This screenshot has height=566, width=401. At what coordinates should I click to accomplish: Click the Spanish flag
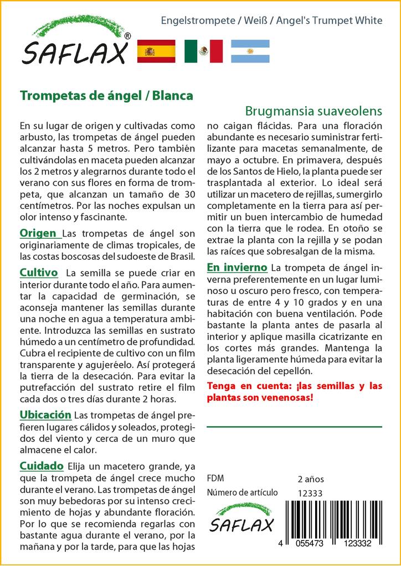coord(156,51)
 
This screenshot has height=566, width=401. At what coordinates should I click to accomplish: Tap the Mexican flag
coord(203,51)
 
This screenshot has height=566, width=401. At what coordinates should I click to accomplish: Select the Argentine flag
coord(250,51)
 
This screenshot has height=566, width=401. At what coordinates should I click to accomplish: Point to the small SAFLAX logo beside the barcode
coord(243,518)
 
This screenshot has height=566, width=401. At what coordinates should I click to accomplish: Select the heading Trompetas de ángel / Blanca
coord(106,95)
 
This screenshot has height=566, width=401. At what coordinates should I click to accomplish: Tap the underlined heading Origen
coord(38,233)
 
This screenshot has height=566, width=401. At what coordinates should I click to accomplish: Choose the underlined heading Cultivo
coord(39,272)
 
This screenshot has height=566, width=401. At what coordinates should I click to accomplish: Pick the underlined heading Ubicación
coord(45,415)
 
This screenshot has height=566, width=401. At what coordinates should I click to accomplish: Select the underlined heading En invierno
coord(237,268)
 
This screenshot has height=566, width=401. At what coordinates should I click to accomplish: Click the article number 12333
coord(310,493)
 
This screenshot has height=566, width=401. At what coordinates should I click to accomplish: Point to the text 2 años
coord(311,479)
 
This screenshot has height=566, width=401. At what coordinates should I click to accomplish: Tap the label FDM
coord(215,479)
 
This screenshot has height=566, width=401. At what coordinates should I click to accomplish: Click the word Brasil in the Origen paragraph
coord(182,257)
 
